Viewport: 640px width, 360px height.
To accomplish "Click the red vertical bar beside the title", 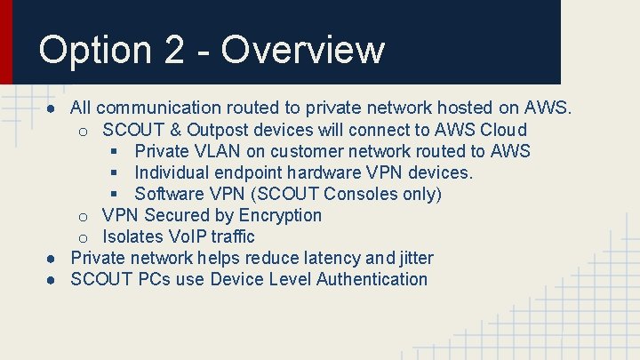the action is point(6,42).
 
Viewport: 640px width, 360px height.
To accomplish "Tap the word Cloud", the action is point(503,130).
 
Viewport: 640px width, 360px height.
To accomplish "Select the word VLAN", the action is point(219,151).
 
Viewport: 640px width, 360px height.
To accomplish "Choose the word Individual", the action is point(175,172).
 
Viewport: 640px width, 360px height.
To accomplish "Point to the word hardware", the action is point(329,172).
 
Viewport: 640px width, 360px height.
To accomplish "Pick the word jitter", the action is point(413,258).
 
